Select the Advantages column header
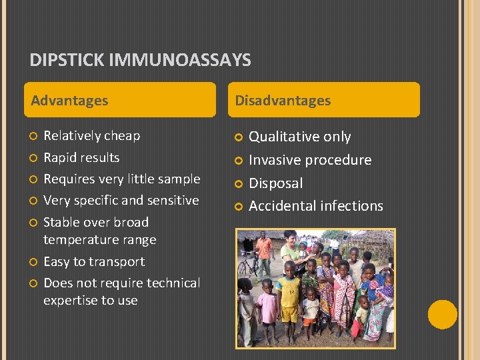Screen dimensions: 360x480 point(69,101)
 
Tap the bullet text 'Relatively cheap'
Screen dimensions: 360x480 point(91,136)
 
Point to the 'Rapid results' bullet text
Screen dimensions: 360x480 point(81,158)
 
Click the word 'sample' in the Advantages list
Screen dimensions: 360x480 point(179,179)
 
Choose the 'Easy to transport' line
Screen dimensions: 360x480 point(94,262)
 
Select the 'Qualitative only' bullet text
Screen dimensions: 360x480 point(299,137)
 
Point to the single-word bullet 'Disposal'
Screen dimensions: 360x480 point(275,183)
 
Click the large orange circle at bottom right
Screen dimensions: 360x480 point(442,315)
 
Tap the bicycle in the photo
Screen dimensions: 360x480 point(248,266)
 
